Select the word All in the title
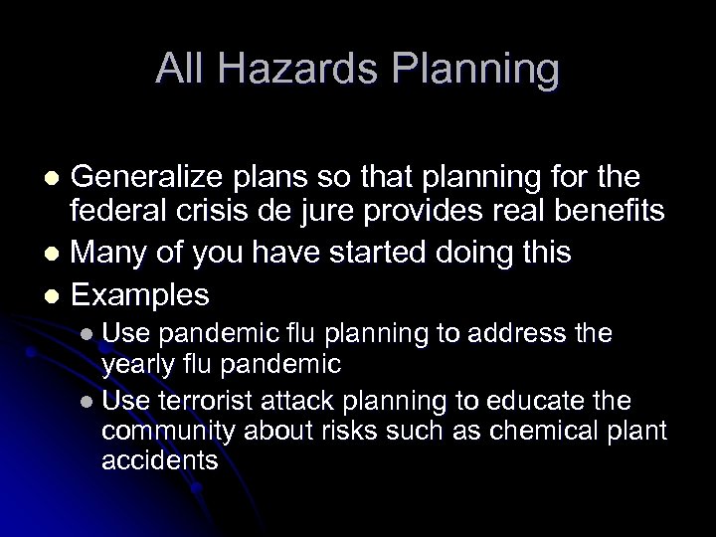(x=182, y=70)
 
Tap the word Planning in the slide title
(x=483, y=70)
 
